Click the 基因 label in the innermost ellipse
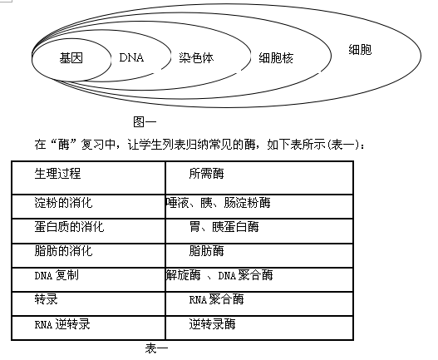coord(71,58)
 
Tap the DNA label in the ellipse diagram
coord(131,57)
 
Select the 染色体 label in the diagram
coord(196,58)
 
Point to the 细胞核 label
coord(276,58)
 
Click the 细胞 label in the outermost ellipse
coord(360,50)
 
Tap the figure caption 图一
coord(145,122)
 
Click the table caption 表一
coord(156,348)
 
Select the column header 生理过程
coord(58,173)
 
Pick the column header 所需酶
coord(206,173)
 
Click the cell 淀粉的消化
coord(63,202)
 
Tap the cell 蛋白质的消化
coord(69,226)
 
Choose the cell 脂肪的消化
coord(63,251)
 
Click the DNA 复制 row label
coord(57,275)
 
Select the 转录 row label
coord(46,299)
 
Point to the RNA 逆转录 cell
coord(62,324)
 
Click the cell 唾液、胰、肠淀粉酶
coord(218,202)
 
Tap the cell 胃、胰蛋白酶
coord(224,226)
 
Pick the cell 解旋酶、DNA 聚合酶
coord(219,275)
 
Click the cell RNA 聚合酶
coord(216,299)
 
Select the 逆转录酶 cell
coord(212,324)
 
